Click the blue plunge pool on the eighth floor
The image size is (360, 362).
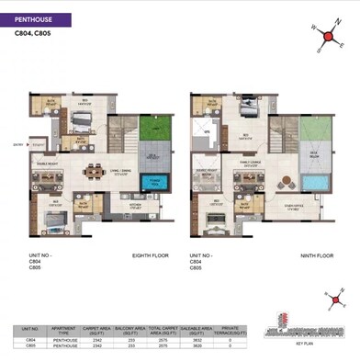tap(154, 184)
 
